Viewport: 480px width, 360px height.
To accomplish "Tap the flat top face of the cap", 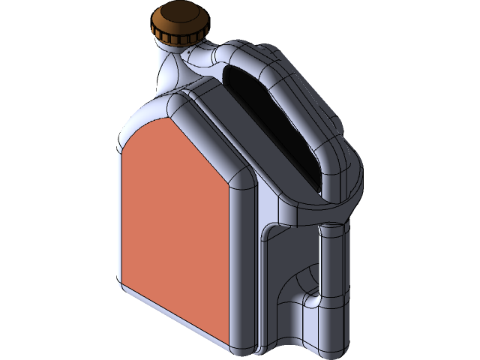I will click(178, 17).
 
